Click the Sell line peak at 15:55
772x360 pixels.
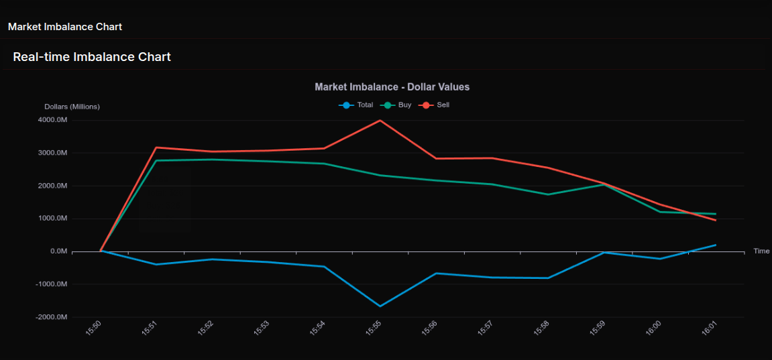pos(380,121)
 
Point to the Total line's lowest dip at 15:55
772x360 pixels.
pos(380,306)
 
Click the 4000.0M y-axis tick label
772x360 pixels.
pos(52,120)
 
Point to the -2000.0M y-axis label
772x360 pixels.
pos(51,317)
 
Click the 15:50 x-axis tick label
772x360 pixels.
pos(94,328)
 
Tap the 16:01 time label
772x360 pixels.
pos(710,328)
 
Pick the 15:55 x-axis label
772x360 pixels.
pos(374,328)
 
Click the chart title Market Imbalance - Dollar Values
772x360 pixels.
pos(392,87)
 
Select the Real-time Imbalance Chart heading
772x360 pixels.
pos(92,57)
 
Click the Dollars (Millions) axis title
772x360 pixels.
pos(72,107)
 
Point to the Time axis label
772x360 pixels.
pos(761,251)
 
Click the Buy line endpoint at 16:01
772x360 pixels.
pos(716,214)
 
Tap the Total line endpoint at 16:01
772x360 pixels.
pos(716,245)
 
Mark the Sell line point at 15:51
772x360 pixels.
pos(156,147)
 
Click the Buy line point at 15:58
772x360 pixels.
pos(548,194)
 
